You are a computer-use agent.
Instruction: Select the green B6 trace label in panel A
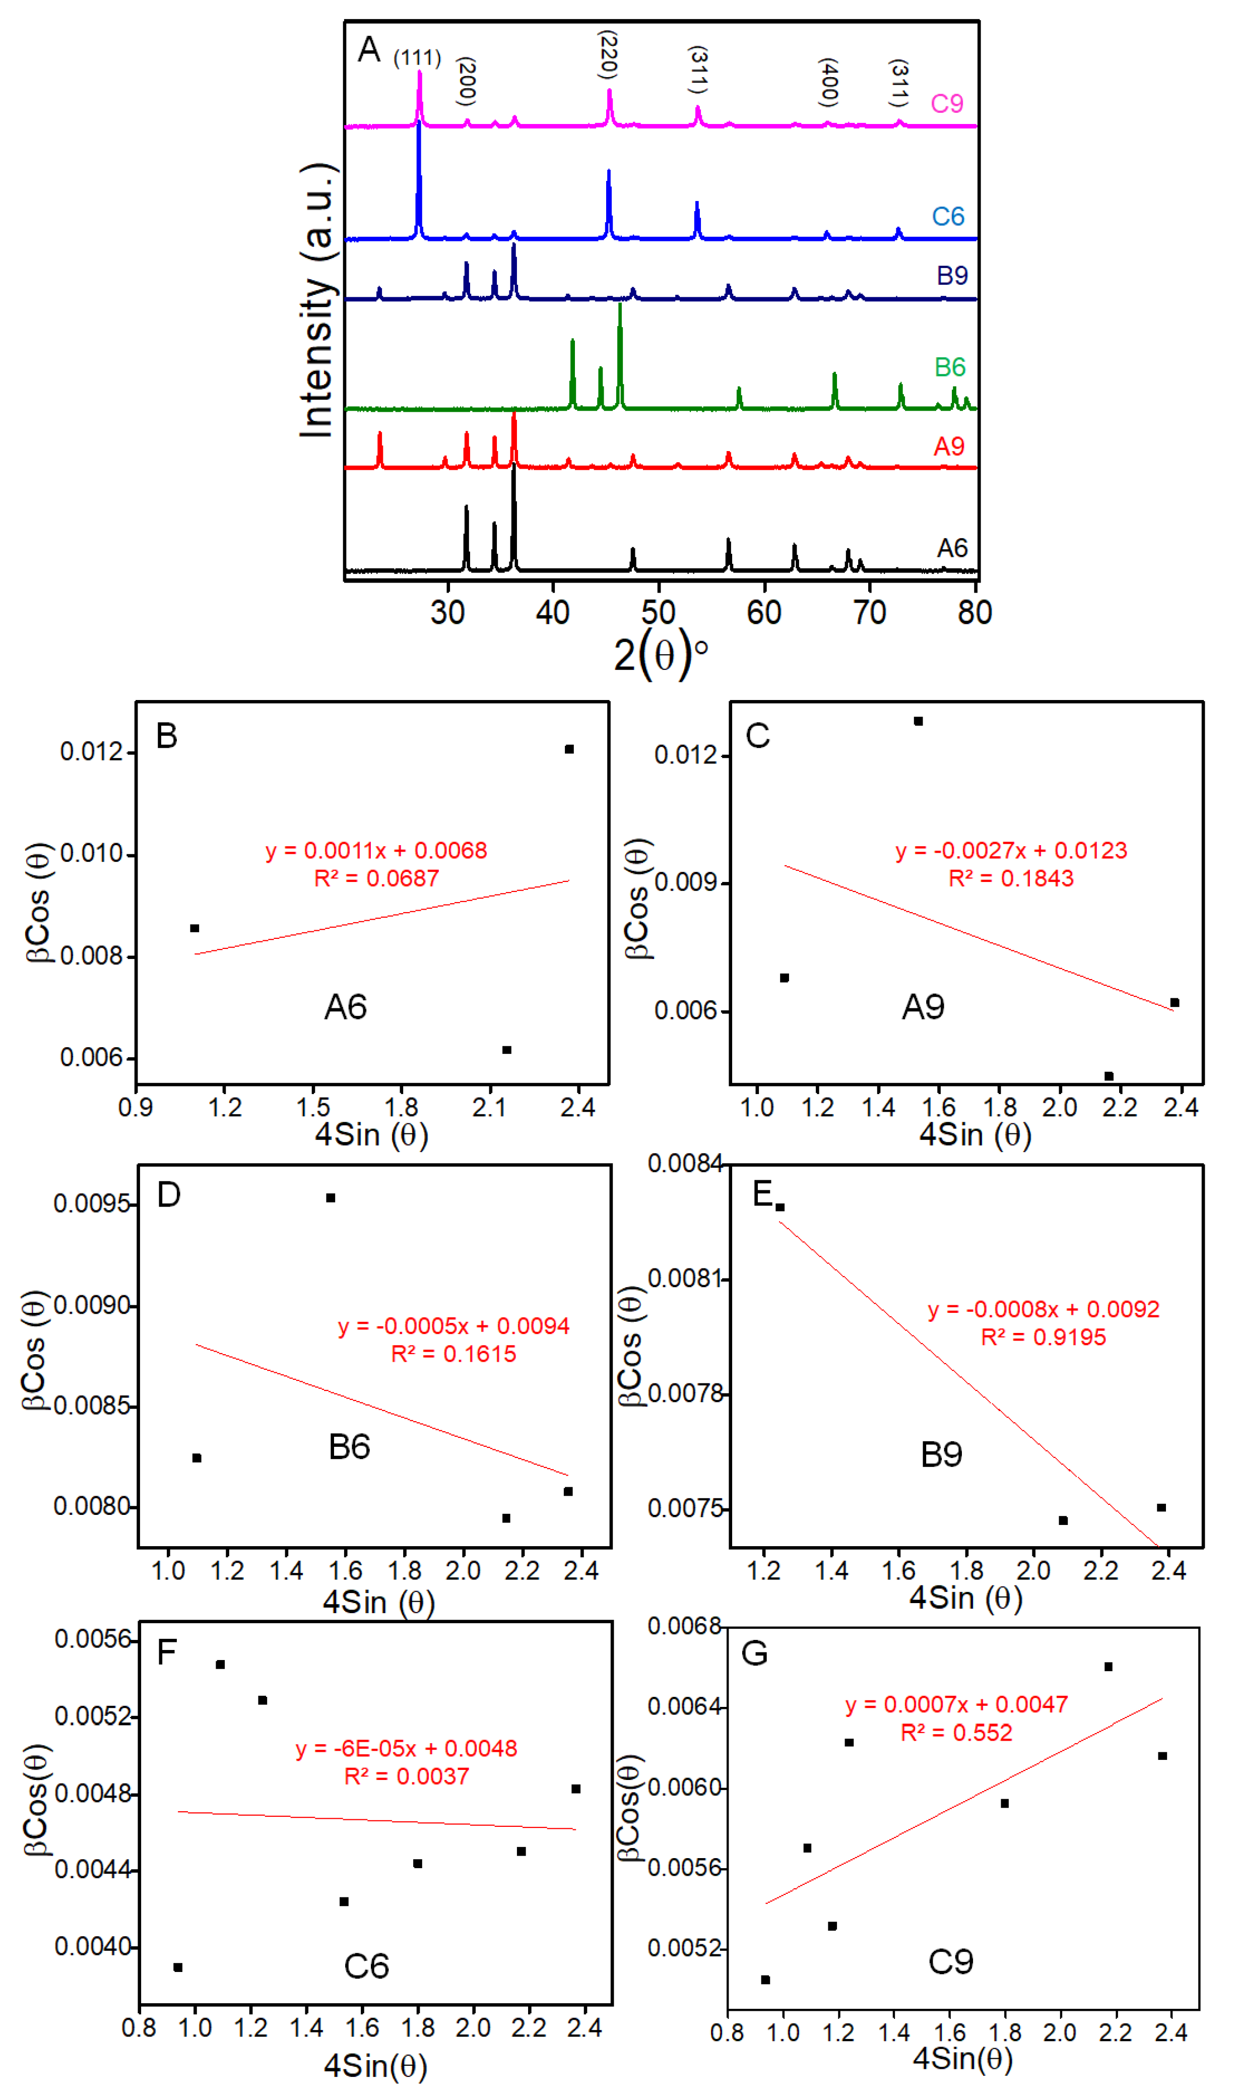point(949,367)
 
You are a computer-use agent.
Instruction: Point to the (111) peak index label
point(417,58)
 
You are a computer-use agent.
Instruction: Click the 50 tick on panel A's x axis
point(659,613)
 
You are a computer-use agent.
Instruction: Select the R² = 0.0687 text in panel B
point(376,879)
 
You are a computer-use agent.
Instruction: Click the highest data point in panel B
point(569,750)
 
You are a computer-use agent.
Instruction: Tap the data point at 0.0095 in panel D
point(331,1198)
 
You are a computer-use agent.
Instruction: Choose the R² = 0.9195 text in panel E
point(1044,1338)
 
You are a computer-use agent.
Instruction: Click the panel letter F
point(167,1652)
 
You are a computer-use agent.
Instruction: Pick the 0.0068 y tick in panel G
point(685,1627)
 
